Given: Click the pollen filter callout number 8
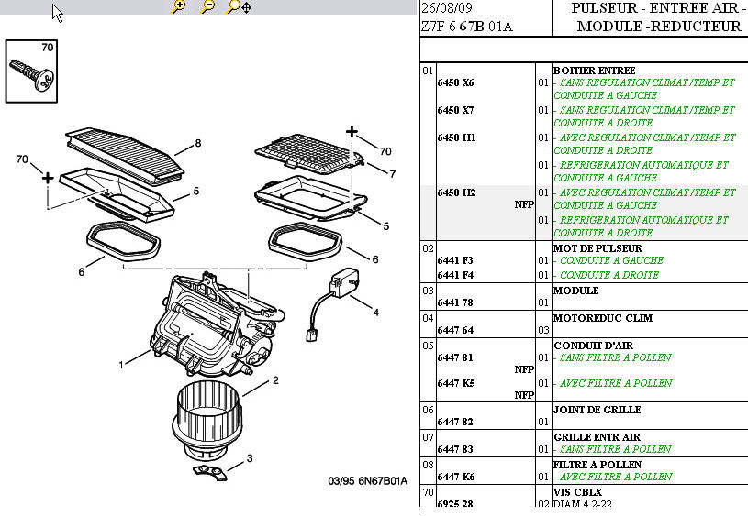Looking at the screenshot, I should [x=197, y=144].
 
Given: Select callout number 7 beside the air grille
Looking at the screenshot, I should [x=392, y=173].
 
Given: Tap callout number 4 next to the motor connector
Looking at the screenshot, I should [x=375, y=313].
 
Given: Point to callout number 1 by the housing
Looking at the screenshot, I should [x=120, y=365].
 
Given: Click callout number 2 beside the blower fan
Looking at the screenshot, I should [x=274, y=379].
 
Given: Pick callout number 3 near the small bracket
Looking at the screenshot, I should [x=249, y=457].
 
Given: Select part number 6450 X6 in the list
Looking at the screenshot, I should [x=455, y=82].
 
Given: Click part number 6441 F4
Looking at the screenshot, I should [x=455, y=275].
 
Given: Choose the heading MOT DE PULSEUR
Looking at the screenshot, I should [x=597, y=248].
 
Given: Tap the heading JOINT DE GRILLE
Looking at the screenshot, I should [x=597, y=410].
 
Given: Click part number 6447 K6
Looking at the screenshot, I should [x=455, y=477].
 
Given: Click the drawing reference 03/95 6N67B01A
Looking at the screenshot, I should [x=367, y=481].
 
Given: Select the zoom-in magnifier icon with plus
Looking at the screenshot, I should [x=179, y=6].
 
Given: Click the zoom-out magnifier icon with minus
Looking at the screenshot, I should [x=208, y=6].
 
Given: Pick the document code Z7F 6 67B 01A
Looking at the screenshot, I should [x=466, y=27].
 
